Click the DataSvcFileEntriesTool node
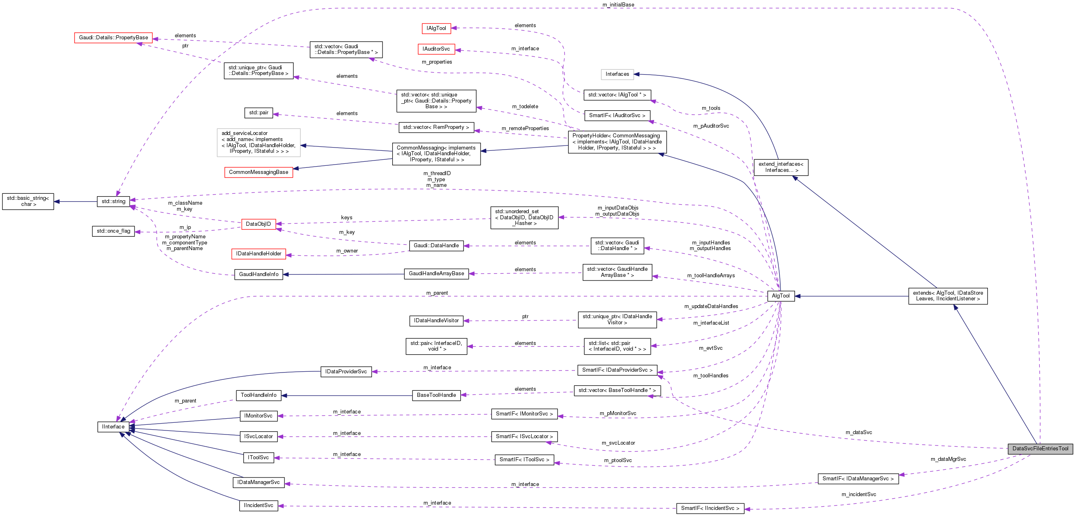(1040, 448)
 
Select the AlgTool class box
(780, 295)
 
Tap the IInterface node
(113, 427)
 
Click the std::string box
(113, 201)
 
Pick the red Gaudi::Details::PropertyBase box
(113, 38)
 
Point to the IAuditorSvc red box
(436, 49)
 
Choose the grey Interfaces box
(617, 74)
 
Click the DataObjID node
(259, 224)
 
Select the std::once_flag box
(113, 231)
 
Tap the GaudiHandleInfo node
(259, 274)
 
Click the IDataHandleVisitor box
(436, 321)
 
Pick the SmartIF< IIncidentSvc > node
(710, 508)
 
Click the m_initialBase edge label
(618, 4)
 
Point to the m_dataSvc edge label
(858, 432)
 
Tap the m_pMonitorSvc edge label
(618, 413)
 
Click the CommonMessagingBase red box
(259, 172)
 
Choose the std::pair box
(259, 113)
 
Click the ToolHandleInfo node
(259, 395)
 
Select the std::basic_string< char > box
(28, 201)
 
